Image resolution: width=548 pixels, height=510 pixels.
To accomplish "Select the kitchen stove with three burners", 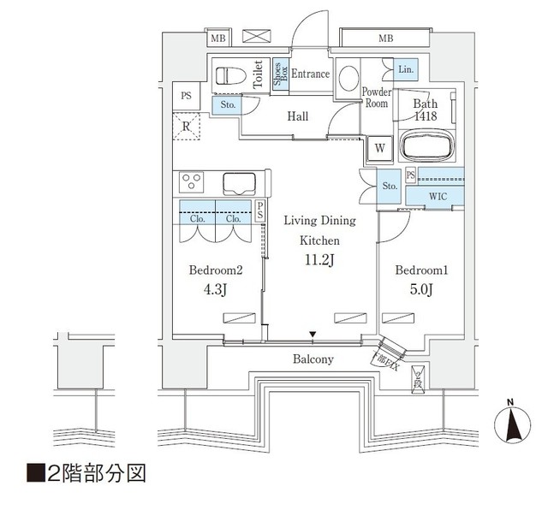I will [191, 182].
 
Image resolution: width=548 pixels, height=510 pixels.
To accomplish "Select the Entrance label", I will [310, 74].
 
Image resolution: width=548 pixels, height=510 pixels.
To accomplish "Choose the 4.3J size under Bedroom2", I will [217, 289].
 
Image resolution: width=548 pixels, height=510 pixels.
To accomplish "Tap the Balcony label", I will [314, 359].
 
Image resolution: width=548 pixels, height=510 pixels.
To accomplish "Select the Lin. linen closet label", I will [405, 68].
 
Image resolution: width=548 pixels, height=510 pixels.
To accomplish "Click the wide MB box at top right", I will [386, 39].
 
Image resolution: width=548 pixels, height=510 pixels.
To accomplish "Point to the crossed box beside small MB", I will [255, 38].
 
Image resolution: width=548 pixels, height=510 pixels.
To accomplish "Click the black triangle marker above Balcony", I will [313, 335].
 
